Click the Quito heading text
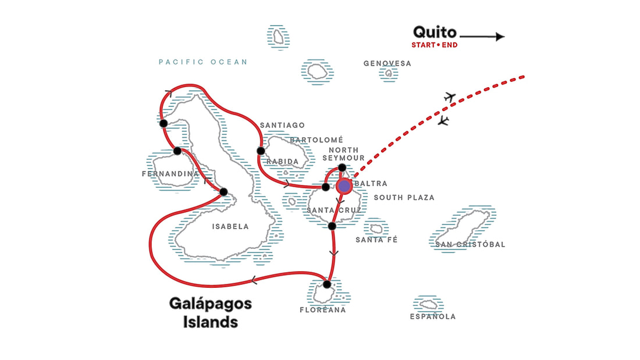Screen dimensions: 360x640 (x=435, y=32)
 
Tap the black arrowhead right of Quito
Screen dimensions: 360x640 (x=500, y=37)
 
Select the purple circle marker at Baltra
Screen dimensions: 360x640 (x=344, y=186)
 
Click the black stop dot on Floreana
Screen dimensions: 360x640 (x=327, y=284)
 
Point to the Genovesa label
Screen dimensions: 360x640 (x=387, y=63)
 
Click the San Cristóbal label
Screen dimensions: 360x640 (x=470, y=244)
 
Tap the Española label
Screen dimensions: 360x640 (x=433, y=316)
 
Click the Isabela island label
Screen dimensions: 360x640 (x=230, y=227)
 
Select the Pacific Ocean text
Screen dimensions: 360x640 (x=203, y=62)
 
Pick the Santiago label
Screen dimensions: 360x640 (x=282, y=125)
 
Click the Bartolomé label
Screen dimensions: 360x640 (x=317, y=140)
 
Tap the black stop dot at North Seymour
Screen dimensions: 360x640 (x=342, y=168)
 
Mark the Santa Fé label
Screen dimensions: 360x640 (x=376, y=240)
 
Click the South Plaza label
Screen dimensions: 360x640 (x=404, y=198)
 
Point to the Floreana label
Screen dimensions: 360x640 (x=322, y=310)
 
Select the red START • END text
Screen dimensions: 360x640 (x=434, y=45)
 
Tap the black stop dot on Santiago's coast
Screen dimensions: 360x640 (x=261, y=151)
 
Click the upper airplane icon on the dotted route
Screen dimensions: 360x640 (x=449, y=97)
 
